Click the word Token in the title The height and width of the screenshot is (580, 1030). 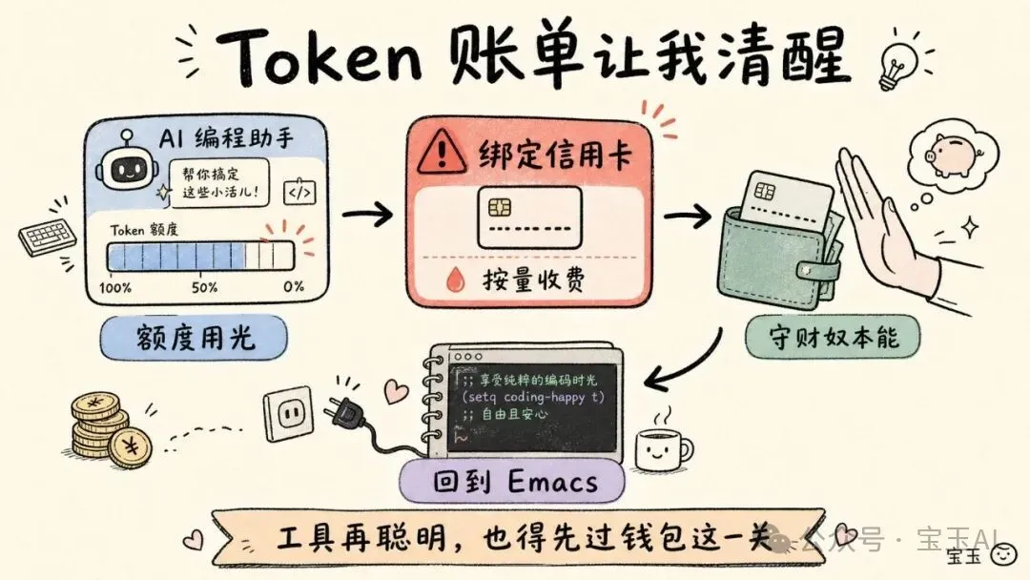[319, 56]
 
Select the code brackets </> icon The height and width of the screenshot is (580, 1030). [299, 193]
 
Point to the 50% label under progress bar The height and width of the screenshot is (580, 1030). [204, 288]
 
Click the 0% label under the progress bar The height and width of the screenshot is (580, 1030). [294, 286]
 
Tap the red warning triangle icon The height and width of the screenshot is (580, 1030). [443, 151]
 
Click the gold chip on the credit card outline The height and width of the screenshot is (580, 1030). [500, 208]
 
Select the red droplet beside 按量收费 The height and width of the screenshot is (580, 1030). [455, 280]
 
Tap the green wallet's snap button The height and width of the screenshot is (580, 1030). [805, 270]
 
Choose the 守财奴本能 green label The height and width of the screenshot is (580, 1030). [833, 339]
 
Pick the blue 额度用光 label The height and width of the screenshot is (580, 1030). [194, 338]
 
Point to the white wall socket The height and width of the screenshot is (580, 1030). [288, 412]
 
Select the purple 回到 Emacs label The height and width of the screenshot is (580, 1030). [512, 482]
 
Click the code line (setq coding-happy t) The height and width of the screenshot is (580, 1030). [533, 397]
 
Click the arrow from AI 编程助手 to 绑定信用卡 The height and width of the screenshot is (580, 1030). [367, 214]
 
